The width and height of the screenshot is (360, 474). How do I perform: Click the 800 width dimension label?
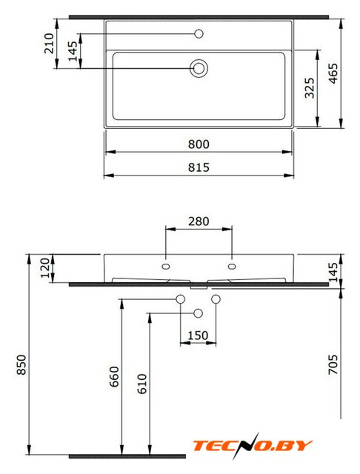[x=199, y=144]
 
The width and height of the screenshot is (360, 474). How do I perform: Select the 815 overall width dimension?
[x=199, y=167]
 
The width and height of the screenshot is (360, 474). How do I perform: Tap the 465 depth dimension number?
[x=333, y=73]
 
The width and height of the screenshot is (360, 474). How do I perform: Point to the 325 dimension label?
[x=309, y=88]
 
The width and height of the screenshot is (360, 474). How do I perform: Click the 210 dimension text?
[x=49, y=44]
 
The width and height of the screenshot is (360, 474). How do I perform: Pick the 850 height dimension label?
[x=21, y=365]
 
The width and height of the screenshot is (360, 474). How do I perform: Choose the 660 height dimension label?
[x=114, y=377]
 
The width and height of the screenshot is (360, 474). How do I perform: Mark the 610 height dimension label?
[x=141, y=384]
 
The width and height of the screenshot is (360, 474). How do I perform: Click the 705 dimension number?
[x=333, y=364]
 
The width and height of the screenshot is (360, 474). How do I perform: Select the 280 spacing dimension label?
[x=199, y=221]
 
